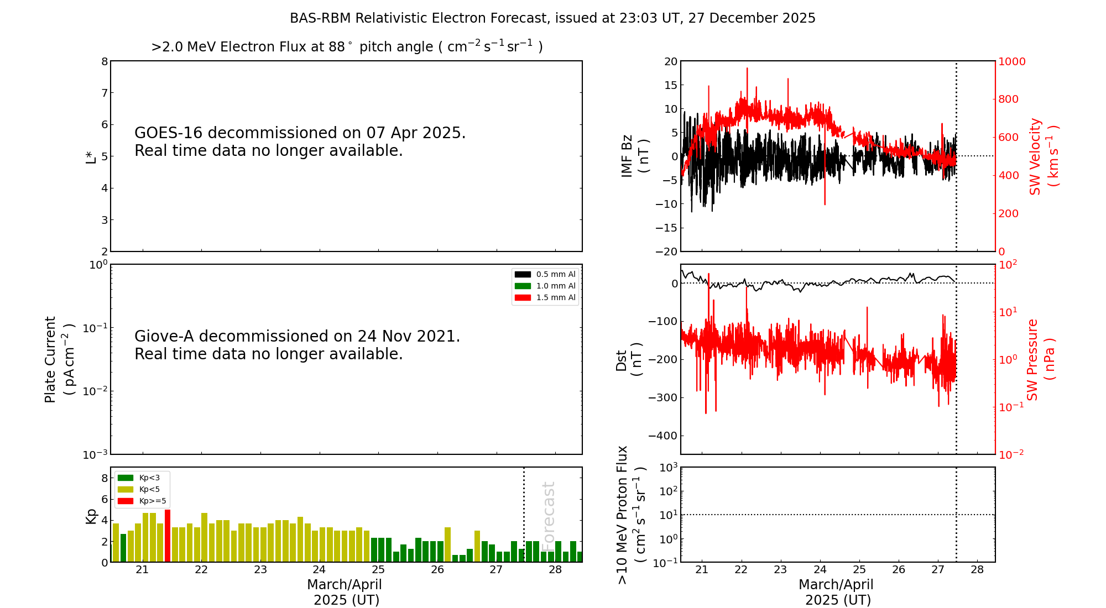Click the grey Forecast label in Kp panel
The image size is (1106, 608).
point(548,514)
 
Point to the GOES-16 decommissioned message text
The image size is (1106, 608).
point(300,141)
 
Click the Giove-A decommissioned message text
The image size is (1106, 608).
point(297,345)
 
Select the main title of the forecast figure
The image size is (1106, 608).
point(552,18)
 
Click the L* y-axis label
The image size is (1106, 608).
point(91,157)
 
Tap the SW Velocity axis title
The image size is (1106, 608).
point(1044,156)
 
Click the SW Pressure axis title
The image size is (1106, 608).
point(1041,359)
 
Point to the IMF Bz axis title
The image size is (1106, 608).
point(634,156)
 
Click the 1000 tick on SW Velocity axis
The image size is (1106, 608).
point(1011,61)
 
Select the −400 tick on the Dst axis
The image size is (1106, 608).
point(663,436)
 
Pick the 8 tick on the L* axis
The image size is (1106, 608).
point(104,61)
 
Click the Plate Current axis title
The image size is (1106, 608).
point(59,359)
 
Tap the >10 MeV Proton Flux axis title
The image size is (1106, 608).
point(631,515)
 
